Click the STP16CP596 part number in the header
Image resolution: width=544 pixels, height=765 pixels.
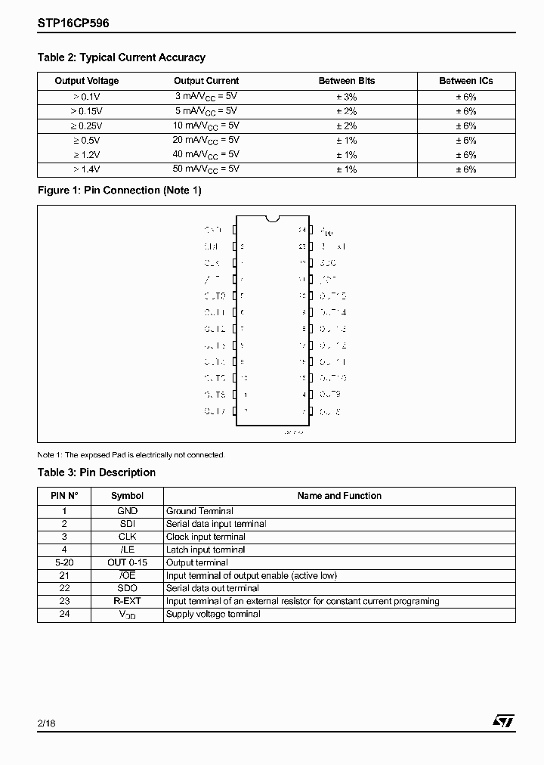[73, 23]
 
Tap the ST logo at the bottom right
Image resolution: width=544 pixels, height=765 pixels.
[504, 722]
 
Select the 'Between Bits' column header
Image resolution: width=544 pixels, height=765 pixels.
[346, 81]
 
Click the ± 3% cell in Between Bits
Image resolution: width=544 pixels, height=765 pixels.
[346, 97]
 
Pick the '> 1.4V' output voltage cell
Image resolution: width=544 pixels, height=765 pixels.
[87, 169]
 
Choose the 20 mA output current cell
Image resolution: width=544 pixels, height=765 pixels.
[206, 141]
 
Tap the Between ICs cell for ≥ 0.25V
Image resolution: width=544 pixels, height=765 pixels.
[465, 126]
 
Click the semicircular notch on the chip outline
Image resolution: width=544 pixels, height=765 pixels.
[273, 219]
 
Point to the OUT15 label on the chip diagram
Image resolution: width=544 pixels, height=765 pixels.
[332, 296]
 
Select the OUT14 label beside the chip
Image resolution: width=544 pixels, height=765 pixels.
[332, 312]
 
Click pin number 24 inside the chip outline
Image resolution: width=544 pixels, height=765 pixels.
[302, 230]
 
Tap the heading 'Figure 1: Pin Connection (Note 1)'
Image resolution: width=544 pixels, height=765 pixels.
[119, 190]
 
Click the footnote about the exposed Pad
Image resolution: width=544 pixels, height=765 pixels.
[131, 455]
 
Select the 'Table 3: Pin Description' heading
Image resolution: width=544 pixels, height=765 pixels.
[97, 472]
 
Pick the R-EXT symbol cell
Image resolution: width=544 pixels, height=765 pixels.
[127, 601]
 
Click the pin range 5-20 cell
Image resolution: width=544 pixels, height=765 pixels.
[64, 562]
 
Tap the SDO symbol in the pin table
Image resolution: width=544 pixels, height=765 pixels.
[127, 588]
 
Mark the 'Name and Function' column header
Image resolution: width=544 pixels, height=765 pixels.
[339, 496]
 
